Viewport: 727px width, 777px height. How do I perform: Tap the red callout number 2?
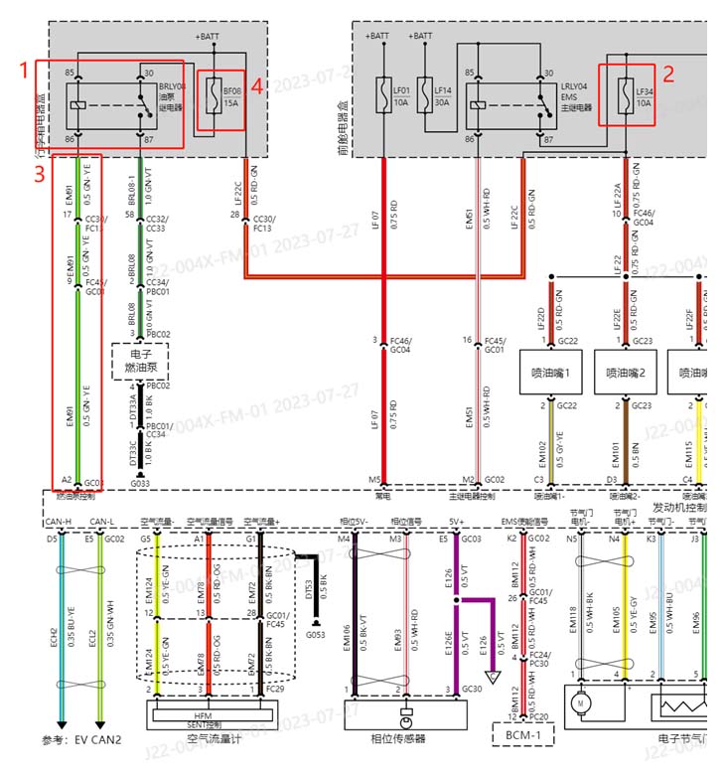tap(668, 73)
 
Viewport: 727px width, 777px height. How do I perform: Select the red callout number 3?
tap(39, 174)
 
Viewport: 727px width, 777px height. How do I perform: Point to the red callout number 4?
tap(256, 86)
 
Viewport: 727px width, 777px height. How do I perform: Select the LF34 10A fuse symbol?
tap(625, 95)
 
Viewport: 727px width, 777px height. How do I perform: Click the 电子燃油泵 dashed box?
tap(139, 360)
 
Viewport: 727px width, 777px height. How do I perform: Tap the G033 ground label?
tap(140, 484)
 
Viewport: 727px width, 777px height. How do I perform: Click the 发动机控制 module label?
tap(679, 506)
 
